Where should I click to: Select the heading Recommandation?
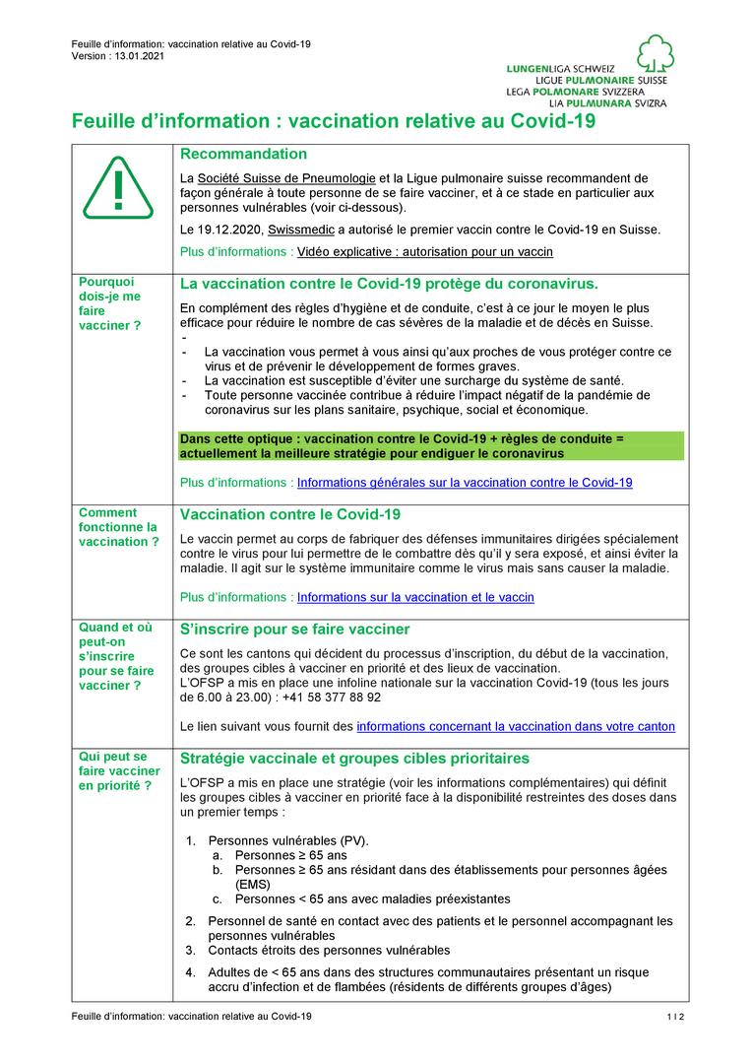pyautogui.click(x=243, y=155)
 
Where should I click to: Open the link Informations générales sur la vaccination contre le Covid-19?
pyautogui.click(x=465, y=483)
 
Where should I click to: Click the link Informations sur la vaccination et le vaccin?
pyautogui.click(x=415, y=597)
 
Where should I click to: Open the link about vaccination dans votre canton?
pyautogui.click(x=516, y=726)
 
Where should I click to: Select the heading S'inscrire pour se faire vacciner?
pyautogui.click(x=295, y=630)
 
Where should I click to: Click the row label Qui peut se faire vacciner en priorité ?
pyautogui.click(x=119, y=771)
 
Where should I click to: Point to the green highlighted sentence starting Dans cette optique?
pyautogui.click(x=431, y=445)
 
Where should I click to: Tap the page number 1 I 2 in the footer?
pyautogui.click(x=674, y=1016)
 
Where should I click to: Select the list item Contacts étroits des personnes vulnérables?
pyautogui.click(x=329, y=951)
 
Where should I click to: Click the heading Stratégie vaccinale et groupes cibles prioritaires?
pyautogui.click(x=355, y=759)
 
